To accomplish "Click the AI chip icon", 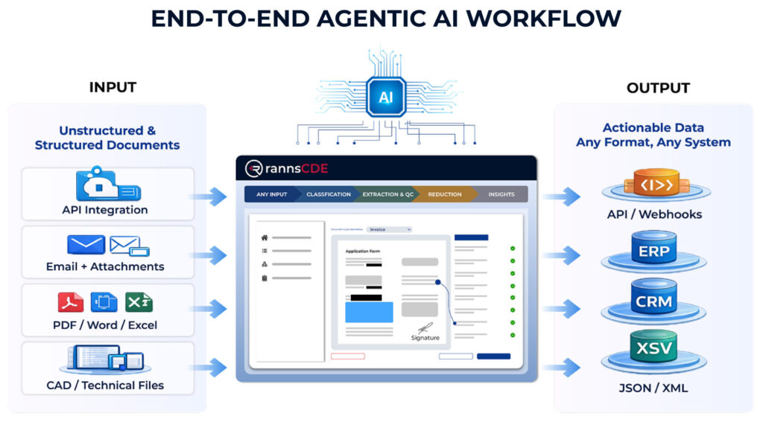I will click(386, 97).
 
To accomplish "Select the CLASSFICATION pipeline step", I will click(328, 194).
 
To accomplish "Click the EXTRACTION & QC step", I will click(387, 194).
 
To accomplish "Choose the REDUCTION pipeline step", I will click(444, 194).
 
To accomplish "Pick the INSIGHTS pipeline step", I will click(501, 194).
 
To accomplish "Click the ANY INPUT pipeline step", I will click(272, 194).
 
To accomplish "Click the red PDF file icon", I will click(70, 302).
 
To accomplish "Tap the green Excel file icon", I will click(139, 302).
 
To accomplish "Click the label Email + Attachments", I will click(105, 266).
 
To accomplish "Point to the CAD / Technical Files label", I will click(105, 385).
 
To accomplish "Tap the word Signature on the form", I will click(425, 338).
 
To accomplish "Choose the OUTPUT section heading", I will click(658, 88).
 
